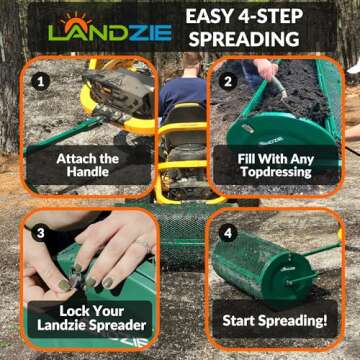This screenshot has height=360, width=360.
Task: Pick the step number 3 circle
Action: (40, 232)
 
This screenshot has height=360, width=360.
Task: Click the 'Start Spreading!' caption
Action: (277, 320)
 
